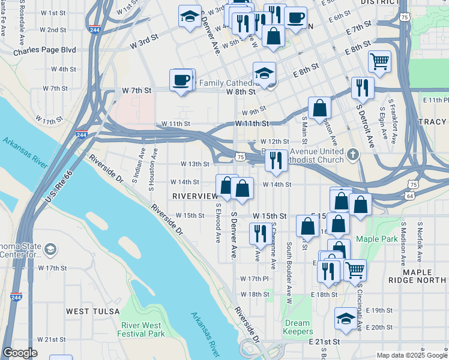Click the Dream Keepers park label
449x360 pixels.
(x=297, y=327)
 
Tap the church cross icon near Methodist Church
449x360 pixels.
(x=354, y=155)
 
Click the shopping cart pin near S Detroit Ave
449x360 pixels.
(x=379, y=60)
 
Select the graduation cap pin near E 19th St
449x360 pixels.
(x=346, y=317)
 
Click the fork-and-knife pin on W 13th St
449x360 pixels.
(x=276, y=160)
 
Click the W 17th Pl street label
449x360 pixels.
(x=254, y=279)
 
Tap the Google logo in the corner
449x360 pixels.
(x=20, y=353)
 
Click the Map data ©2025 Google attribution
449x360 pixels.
(x=412, y=355)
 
